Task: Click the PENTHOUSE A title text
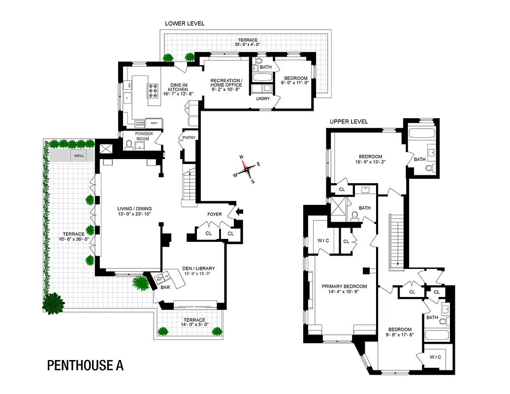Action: pyautogui.click(x=85, y=365)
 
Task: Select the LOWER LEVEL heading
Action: pyautogui.click(x=185, y=24)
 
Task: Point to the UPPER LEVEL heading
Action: pyautogui.click(x=349, y=122)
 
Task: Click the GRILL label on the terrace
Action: pyautogui.click(x=79, y=156)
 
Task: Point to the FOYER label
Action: pyautogui.click(x=215, y=215)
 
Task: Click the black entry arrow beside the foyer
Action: pyautogui.click(x=240, y=212)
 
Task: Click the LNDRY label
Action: pyautogui.click(x=263, y=98)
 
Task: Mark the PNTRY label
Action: pyautogui.click(x=188, y=138)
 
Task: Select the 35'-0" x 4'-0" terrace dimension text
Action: pyautogui.click(x=248, y=44)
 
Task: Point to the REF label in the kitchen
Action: pyautogui.click(x=154, y=123)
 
